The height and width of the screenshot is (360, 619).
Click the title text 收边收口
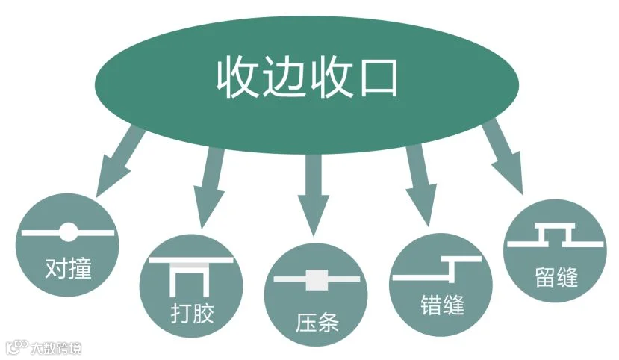307,76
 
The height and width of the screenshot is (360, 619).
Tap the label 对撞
68,267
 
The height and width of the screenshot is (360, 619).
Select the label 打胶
191,311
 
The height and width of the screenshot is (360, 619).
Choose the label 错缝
442,305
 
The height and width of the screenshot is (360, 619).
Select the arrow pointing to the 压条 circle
313,193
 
